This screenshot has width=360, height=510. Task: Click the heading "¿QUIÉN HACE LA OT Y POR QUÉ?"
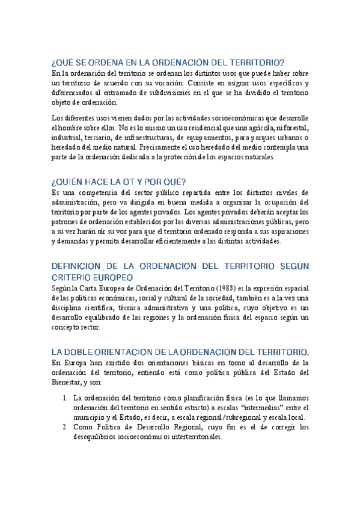[x=119, y=181]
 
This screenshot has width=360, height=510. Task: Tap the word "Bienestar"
[x=70, y=381]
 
